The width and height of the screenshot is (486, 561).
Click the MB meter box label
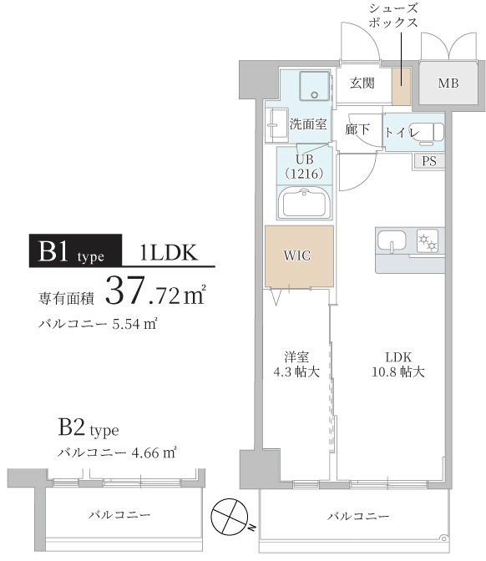click(x=448, y=83)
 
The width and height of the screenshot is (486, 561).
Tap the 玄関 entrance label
click(x=362, y=83)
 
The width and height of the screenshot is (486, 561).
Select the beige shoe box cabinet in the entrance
click(x=402, y=84)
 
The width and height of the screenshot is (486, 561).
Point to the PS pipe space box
click(x=428, y=161)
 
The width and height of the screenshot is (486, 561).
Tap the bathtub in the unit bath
click(x=305, y=203)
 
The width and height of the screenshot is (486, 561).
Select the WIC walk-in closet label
click(x=298, y=255)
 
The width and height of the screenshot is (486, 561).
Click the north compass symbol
click(x=232, y=515)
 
